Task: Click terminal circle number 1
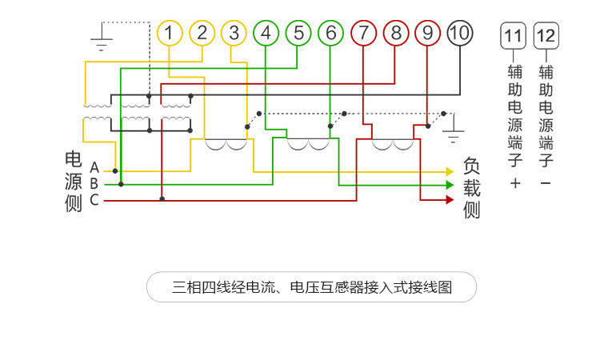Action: pyautogui.click(x=170, y=33)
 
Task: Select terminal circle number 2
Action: pyautogui.click(x=202, y=33)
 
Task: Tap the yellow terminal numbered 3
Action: pyautogui.click(x=234, y=33)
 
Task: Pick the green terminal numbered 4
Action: pyautogui.click(x=266, y=33)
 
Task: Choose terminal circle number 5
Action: pyautogui.click(x=298, y=33)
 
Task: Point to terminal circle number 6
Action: pyautogui.click(x=330, y=33)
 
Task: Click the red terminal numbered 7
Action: pyautogui.click(x=364, y=33)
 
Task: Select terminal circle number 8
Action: pyautogui.click(x=396, y=33)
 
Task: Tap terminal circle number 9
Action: pyautogui.click(x=428, y=33)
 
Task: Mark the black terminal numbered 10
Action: pyautogui.click(x=460, y=33)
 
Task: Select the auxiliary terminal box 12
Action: pyautogui.click(x=546, y=36)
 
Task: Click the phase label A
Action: pyautogui.click(x=94, y=168)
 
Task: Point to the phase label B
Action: pyautogui.click(x=94, y=184)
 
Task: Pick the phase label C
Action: pyautogui.click(x=94, y=199)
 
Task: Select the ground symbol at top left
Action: pyautogui.click(x=102, y=40)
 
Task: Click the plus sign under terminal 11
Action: pyautogui.click(x=514, y=184)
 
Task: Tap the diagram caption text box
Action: pyautogui.click(x=311, y=287)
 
